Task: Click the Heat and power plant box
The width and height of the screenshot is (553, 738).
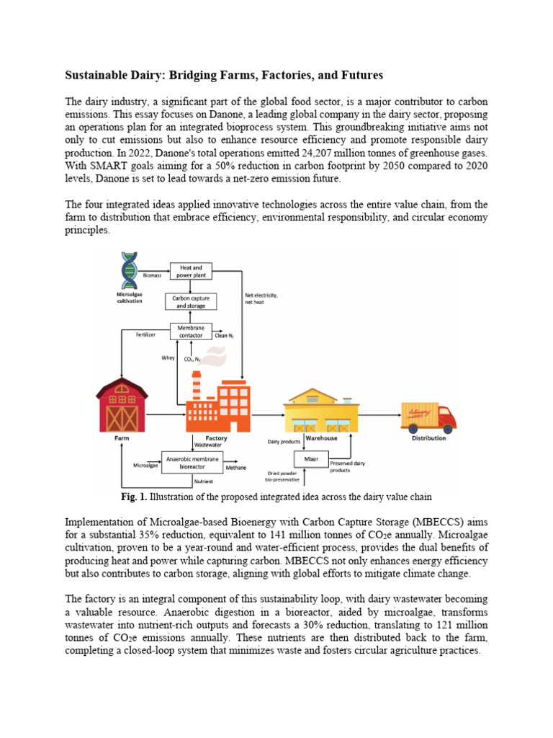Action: (191, 271)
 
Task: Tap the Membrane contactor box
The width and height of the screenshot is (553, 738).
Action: (190, 331)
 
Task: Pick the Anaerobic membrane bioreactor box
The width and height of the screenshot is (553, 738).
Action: (192, 461)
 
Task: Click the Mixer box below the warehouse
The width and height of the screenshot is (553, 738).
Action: (311, 458)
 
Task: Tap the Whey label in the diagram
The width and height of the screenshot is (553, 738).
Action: (168, 357)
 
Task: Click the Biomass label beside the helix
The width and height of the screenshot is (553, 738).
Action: (153, 275)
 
